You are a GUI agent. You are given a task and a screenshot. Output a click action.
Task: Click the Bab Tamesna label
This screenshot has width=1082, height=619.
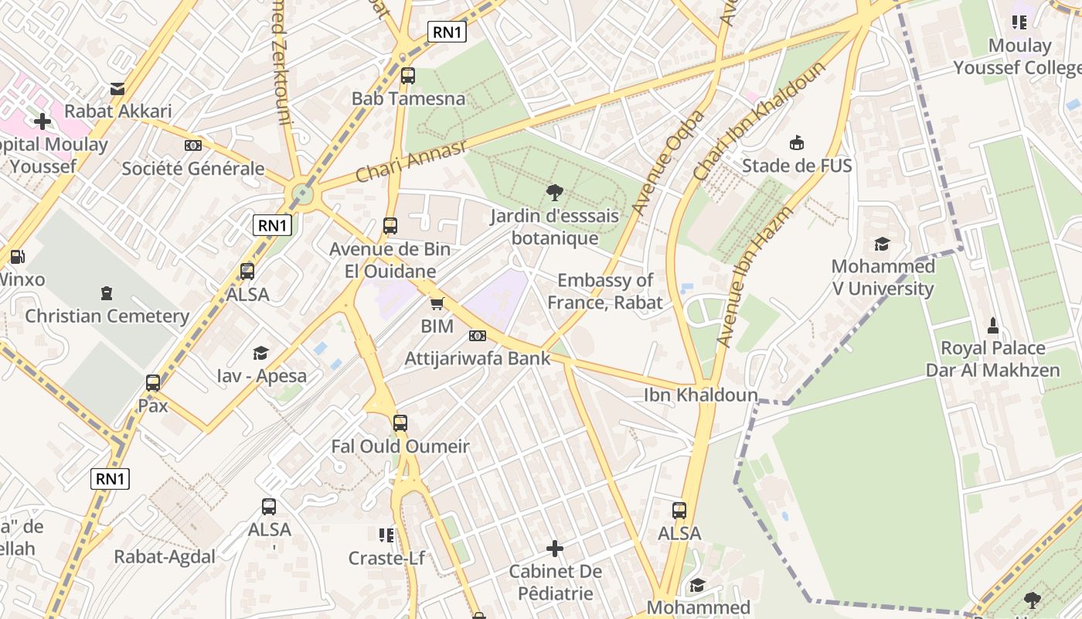click(x=408, y=99)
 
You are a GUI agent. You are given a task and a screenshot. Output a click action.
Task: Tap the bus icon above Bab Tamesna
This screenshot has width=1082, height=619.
click(x=407, y=76)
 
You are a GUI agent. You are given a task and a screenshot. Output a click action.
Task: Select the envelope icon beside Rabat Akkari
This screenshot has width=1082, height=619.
click(x=117, y=89)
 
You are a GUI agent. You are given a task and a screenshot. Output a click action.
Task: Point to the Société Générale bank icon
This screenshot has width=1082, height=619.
click(x=192, y=145)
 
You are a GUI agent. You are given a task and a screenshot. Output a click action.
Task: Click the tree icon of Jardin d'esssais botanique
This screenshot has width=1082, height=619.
click(x=554, y=193)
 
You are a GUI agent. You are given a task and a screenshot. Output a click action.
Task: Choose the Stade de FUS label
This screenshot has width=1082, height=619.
click(x=797, y=166)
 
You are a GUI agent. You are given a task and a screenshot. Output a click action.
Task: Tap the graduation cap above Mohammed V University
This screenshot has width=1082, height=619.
click(x=882, y=245)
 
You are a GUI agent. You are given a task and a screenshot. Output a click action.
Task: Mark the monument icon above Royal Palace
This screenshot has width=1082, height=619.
click(x=993, y=325)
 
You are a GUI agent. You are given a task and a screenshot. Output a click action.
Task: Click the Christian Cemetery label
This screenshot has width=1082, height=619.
click(x=107, y=316)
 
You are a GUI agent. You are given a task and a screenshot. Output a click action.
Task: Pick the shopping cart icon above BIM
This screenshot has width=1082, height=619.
click(x=437, y=304)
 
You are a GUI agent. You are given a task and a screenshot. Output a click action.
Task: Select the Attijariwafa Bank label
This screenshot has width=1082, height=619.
click(x=478, y=358)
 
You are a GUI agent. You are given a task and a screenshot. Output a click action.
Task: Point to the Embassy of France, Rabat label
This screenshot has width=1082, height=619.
click(x=605, y=291)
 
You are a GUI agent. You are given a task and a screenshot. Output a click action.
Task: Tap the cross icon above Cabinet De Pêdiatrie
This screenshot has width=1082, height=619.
click(x=554, y=549)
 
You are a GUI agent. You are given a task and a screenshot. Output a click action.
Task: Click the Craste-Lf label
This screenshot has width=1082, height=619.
click(x=386, y=558)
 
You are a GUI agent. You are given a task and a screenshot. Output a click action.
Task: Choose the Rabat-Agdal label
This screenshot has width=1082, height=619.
click(x=165, y=556)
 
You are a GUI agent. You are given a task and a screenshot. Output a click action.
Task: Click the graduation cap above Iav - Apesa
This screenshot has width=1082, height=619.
click(x=261, y=354)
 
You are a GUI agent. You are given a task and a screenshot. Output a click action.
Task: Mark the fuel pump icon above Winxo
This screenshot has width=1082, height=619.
click(x=16, y=256)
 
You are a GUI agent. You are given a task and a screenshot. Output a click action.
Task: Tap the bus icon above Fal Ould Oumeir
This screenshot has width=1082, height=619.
click(x=400, y=423)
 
